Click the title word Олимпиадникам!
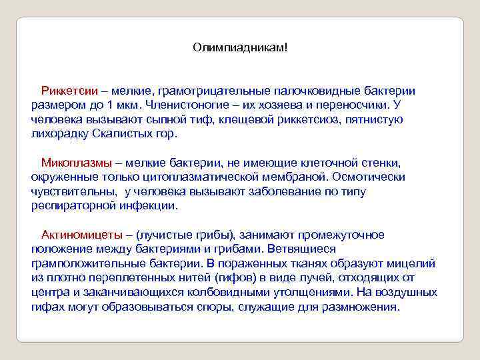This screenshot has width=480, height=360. pos(239,47)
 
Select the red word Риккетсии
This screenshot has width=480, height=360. pos(69,90)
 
